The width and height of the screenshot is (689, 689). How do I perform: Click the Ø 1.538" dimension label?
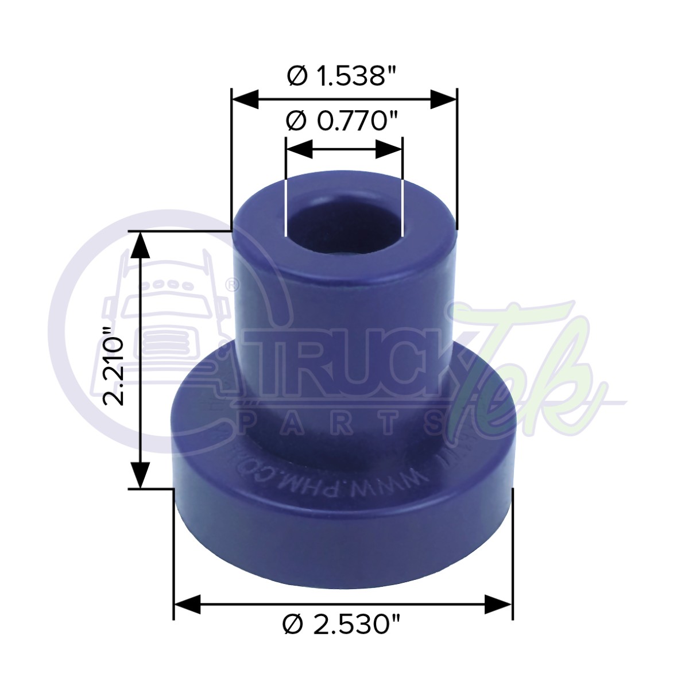coord(343,75)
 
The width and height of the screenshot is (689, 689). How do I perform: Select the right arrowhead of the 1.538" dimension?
coord(443,99)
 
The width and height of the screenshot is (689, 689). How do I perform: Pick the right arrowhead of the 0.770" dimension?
coord(389,150)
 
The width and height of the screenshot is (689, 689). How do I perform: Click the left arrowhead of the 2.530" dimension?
coord(187,603)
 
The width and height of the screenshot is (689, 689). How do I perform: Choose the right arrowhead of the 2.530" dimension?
coord(497,603)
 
